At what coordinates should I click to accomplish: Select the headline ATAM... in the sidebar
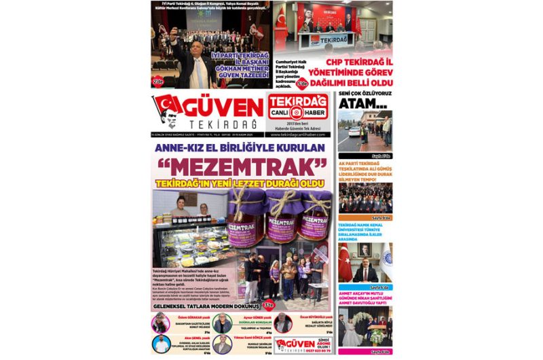(363, 103)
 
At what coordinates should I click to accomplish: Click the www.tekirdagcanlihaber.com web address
(298, 134)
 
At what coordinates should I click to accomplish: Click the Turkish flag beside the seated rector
(347, 263)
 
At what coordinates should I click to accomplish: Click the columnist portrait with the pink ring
(160, 323)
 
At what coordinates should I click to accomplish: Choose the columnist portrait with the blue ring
(160, 344)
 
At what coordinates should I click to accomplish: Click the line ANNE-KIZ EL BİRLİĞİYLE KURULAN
(240, 147)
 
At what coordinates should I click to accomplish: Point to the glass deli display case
(187, 241)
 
